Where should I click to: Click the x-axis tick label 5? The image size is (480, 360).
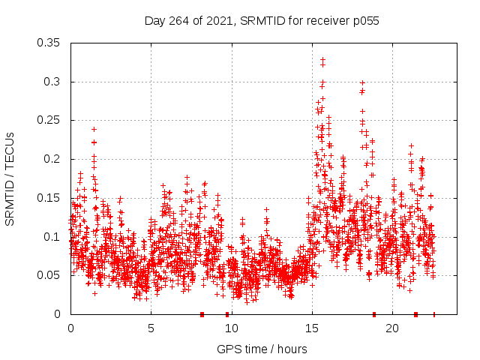tap(151, 328)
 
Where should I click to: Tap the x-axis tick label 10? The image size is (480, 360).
tap(231, 328)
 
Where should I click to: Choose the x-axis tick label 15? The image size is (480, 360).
tap(311, 328)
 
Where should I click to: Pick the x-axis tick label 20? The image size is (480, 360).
tap(391, 328)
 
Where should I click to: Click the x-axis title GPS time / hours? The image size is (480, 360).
tap(262, 349)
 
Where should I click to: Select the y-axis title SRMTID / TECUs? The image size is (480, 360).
tap(10, 178)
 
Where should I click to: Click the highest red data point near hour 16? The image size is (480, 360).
tap(323, 59)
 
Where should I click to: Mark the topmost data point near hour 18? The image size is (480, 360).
tap(362, 83)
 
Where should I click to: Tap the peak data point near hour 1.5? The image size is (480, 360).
tap(94, 129)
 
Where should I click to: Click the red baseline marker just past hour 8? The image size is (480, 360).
tap(202, 314)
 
